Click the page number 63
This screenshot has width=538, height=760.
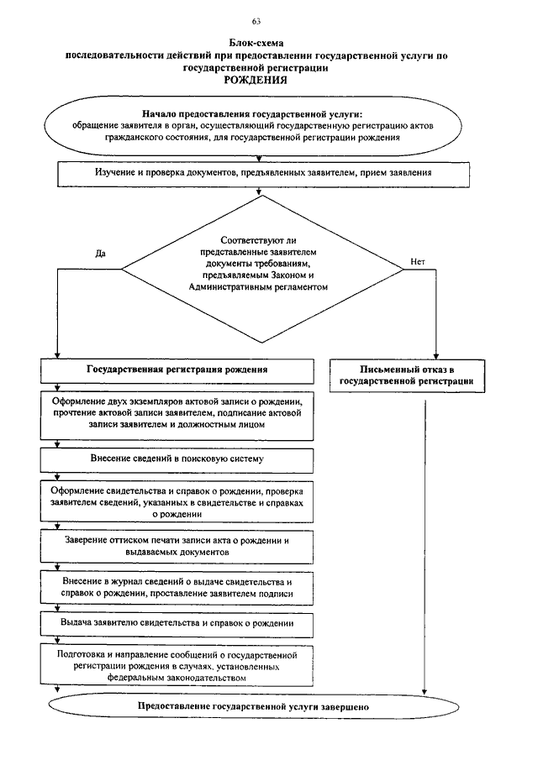pyautogui.click(x=256, y=21)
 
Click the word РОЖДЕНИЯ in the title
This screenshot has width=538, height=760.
pyautogui.click(x=256, y=80)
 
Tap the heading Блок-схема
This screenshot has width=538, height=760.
pyautogui.click(x=256, y=44)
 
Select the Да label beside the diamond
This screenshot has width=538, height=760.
pyautogui.click(x=100, y=254)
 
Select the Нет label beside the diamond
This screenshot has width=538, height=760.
pyautogui.click(x=418, y=262)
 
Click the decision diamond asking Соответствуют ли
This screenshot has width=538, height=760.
pyautogui.click(x=262, y=269)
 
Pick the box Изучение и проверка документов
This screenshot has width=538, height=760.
pyautogui.click(x=263, y=175)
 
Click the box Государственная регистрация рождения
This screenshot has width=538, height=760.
pyautogui.click(x=177, y=371)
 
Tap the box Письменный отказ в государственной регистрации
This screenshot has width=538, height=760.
pyautogui.click(x=407, y=375)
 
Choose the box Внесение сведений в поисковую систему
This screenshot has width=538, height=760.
pyautogui.click(x=177, y=460)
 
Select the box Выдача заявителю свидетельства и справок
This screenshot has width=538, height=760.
pyautogui.click(x=177, y=625)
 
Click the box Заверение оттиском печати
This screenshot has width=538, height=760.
pyautogui.click(x=177, y=547)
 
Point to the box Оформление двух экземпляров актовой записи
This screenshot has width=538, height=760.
pyautogui.click(x=177, y=416)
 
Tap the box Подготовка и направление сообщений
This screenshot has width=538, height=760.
pyautogui.click(x=177, y=665)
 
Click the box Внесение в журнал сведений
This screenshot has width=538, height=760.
pyautogui.click(x=177, y=588)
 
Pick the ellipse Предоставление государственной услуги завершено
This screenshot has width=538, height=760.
pyautogui.click(x=254, y=707)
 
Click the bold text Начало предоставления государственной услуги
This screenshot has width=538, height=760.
pyautogui.click(x=252, y=114)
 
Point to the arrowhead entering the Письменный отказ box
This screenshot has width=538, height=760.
pyautogui.click(x=435, y=356)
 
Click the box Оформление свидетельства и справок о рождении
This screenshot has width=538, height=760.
pyautogui.click(x=177, y=501)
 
